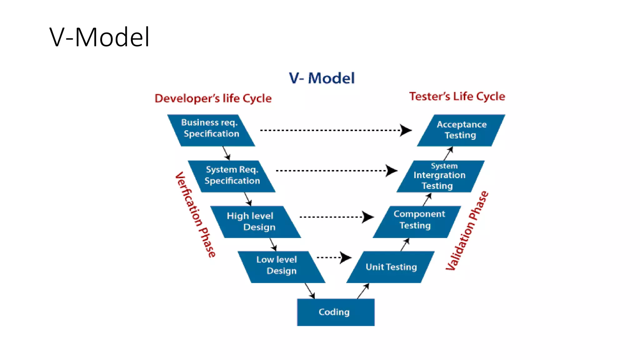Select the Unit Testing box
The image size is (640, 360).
coord(391,267)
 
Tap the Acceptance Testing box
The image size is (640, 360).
coord(461,130)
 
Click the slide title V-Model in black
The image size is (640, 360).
coord(99,37)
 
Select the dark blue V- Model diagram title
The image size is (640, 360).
coord(322,78)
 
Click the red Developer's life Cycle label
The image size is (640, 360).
coord(213,98)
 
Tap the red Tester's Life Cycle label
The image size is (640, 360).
coord(457,96)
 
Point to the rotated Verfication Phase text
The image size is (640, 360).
coord(195,215)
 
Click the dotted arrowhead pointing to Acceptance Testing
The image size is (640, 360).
coord(406,130)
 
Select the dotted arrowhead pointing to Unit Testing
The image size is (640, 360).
coord(346,257)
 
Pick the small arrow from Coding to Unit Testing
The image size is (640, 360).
coord(363,291)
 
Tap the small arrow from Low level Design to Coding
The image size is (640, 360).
coord(310,291)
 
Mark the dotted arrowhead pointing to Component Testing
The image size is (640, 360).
coord(368,217)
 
